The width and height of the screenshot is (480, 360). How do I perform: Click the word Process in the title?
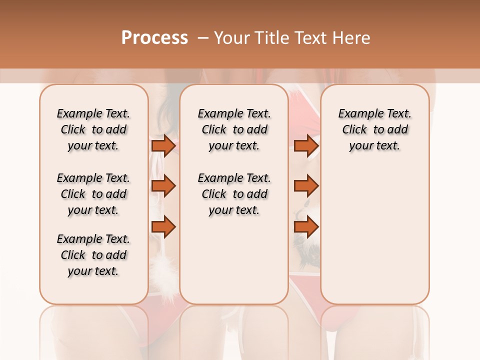click(x=154, y=37)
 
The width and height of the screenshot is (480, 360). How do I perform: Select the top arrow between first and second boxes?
click(x=163, y=145)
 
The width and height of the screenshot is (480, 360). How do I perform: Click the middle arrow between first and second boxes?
click(x=163, y=186)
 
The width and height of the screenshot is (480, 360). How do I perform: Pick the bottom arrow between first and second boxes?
click(x=163, y=226)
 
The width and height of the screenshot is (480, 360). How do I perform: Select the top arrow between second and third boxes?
click(x=306, y=145)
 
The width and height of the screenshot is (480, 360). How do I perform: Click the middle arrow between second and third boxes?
click(x=306, y=186)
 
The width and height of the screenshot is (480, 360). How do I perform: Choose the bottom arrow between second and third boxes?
click(x=306, y=226)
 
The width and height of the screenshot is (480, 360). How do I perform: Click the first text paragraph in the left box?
click(x=93, y=129)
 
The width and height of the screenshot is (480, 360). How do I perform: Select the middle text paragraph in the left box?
click(x=93, y=194)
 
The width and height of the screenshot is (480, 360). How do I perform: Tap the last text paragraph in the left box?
click(x=93, y=255)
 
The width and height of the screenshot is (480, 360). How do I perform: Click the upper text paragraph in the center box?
click(x=234, y=129)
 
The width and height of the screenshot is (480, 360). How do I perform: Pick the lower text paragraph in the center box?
click(x=234, y=194)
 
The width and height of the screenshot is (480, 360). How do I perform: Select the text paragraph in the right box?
click(x=374, y=129)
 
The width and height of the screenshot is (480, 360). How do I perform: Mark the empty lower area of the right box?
click(x=374, y=235)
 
